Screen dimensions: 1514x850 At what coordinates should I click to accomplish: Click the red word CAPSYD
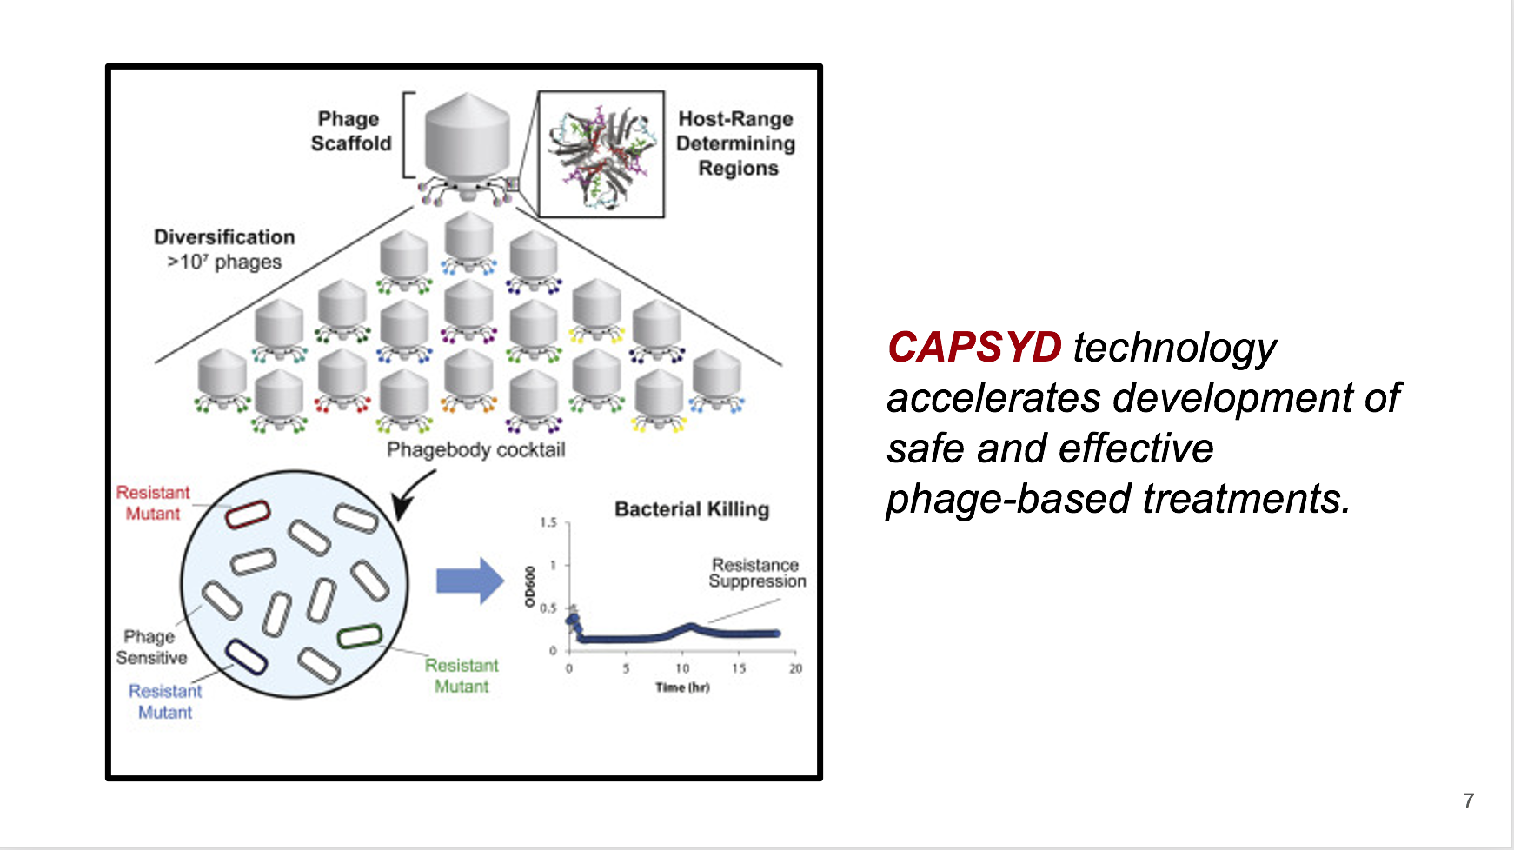974,347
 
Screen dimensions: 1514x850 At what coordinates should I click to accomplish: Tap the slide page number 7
1469,800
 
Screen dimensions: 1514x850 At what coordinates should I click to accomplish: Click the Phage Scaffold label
351,131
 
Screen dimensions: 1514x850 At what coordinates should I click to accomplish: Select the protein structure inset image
601,154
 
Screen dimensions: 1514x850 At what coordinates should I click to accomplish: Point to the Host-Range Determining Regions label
736,143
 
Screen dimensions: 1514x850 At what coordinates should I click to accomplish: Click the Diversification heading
224,237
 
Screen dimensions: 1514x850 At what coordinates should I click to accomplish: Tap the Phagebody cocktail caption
475,450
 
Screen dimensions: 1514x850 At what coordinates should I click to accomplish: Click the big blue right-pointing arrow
470,580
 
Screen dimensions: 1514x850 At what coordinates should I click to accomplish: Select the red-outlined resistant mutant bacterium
248,515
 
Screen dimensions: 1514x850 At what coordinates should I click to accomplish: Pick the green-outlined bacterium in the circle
360,636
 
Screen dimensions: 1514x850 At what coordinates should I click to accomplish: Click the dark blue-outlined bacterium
246,658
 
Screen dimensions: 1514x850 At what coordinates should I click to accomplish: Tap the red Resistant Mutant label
153,503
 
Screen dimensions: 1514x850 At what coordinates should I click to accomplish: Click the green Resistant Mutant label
462,676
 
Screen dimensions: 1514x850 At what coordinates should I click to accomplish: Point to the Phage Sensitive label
152,647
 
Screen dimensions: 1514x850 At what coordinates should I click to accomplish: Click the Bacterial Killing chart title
692,509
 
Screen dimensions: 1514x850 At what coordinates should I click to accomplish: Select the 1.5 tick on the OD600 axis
548,523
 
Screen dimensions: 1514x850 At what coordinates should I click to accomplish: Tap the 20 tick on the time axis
795,668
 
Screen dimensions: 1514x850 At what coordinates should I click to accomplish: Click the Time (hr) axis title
682,687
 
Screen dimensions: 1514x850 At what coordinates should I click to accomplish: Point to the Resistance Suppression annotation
757,574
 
